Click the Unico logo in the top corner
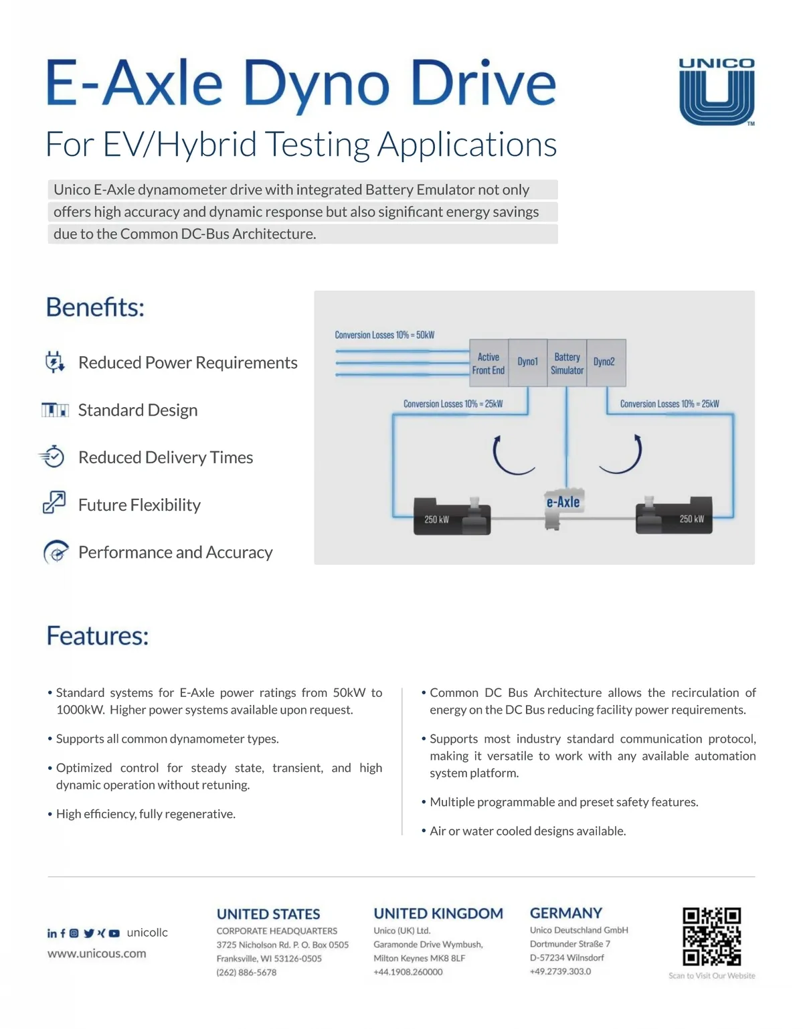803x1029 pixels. click(x=717, y=92)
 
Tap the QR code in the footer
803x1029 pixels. click(x=711, y=937)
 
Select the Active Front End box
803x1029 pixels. click(x=488, y=364)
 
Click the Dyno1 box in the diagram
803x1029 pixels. click(x=528, y=362)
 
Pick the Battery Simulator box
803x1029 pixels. click(x=567, y=364)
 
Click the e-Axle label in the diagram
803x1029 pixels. click(x=563, y=502)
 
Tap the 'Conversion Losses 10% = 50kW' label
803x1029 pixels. click(x=385, y=335)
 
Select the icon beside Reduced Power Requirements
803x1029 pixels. click(x=54, y=362)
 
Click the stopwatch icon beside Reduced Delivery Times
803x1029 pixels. click(x=52, y=457)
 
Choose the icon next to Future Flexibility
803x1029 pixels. click(x=54, y=502)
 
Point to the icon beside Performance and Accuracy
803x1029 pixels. click(x=56, y=552)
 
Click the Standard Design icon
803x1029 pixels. click(x=55, y=410)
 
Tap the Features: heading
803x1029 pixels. click(x=98, y=636)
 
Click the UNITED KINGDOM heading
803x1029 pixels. click(x=438, y=914)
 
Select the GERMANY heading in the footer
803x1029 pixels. click(x=566, y=913)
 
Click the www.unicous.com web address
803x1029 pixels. click(x=96, y=953)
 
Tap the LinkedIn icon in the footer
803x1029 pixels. click(x=52, y=933)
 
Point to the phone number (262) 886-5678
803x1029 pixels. click(x=246, y=972)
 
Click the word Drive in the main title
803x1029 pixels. click(x=483, y=84)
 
